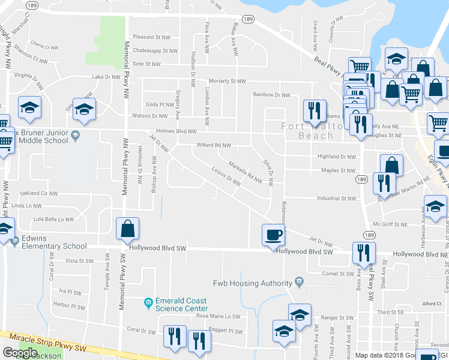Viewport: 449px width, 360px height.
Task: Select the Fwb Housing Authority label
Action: (252, 283)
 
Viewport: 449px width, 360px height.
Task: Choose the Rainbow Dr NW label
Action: (271, 95)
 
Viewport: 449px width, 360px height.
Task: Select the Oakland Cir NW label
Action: (38, 194)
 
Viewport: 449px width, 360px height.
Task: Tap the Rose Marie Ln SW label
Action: (217, 316)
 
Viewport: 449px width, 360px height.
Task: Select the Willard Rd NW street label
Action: (214, 145)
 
